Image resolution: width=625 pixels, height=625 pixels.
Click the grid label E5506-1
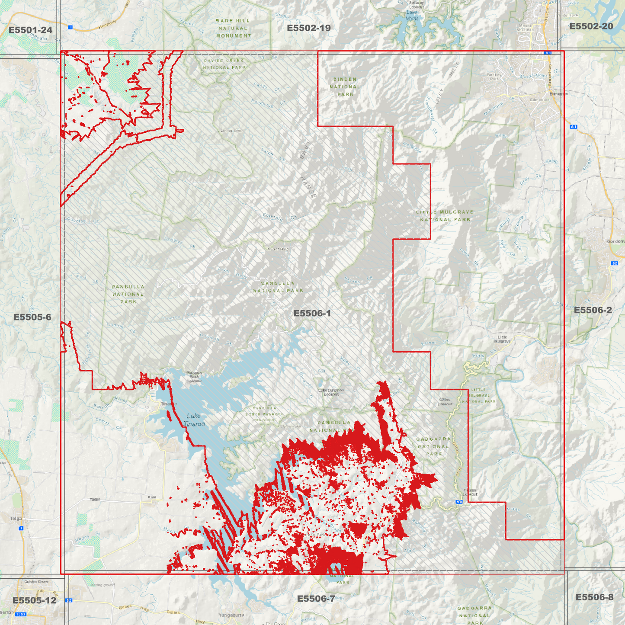point(312,313)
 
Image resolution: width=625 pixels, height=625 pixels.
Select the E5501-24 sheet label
point(30,30)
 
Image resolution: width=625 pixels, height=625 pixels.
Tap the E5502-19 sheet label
point(308,28)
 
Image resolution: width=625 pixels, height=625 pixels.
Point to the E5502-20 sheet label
point(591,26)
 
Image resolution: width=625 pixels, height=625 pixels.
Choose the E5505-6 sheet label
point(32,317)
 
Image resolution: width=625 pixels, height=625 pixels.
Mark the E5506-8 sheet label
point(594,597)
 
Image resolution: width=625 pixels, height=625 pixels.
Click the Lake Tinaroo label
point(194,420)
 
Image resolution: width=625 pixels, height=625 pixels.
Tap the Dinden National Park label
point(345,87)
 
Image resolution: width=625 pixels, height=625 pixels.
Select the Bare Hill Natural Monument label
point(233,28)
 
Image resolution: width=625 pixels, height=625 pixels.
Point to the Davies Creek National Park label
point(224,64)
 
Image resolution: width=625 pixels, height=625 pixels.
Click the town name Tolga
point(16,519)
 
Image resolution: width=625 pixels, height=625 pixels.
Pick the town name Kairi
point(152,497)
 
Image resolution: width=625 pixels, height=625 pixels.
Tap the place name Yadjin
point(95,500)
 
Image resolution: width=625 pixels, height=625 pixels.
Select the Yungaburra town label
point(231,615)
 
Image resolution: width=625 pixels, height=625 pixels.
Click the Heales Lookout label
point(470,492)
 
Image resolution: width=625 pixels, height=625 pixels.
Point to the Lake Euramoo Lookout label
point(331,392)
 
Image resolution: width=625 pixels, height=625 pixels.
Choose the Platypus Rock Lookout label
point(194,377)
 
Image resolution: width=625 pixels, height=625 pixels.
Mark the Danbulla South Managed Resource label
point(265,414)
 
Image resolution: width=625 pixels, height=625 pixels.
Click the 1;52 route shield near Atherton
point(20,614)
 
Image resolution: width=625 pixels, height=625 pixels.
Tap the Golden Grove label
point(36,582)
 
